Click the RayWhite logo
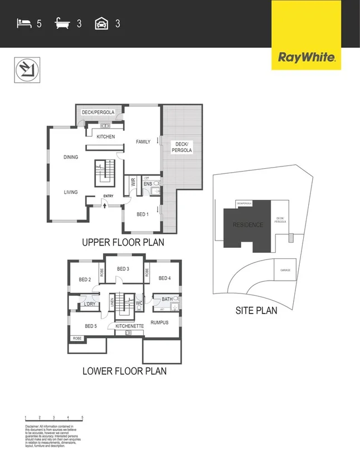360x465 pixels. [x=307, y=57]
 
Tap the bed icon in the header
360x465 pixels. [x=23, y=23]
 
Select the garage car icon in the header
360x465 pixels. [x=101, y=23]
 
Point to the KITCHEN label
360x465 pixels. [x=106, y=136]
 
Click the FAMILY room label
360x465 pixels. [x=143, y=142]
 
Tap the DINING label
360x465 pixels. [x=71, y=157]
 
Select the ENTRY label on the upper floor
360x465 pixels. [x=108, y=195]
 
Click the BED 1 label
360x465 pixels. [x=143, y=214]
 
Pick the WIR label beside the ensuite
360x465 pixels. [x=133, y=182]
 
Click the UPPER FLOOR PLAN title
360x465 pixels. [x=123, y=243]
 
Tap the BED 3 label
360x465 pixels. [x=123, y=269]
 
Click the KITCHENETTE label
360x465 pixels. [x=130, y=326]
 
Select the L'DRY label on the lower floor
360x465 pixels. [x=89, y=304]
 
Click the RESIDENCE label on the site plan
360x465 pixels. [x=248, y=225]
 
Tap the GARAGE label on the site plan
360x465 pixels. [x=285, y=271]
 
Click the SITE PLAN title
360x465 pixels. [x=256, y=311]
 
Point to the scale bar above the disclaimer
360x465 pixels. [x=53, y=417]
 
